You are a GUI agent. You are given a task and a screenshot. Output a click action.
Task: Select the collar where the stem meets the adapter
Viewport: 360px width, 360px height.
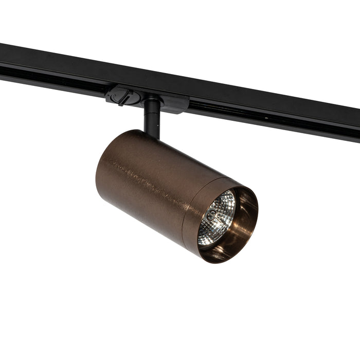click(x=152, y=102)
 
